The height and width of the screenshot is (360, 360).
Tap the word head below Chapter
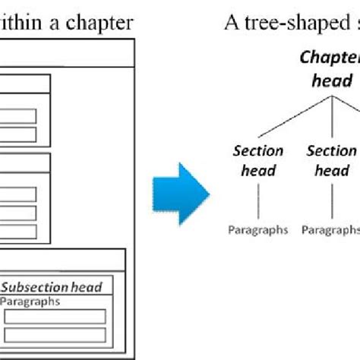pos(332,81)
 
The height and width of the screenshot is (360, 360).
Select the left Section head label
pos(258,160)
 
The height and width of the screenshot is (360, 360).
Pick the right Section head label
pos(331,160)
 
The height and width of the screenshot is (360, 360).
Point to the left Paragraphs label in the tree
pos(258,229)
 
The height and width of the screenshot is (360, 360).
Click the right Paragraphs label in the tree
pos(330,229)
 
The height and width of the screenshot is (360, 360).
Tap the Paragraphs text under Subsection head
pos(30,302)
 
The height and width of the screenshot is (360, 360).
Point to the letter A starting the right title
pos(231,23)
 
